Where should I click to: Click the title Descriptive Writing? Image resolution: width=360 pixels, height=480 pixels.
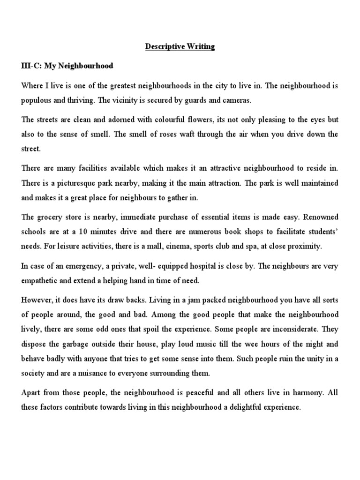coord(180,47)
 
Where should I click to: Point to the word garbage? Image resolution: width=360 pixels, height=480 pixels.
coord(79,344)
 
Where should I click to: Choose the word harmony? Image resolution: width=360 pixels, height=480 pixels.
coord(304,393)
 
